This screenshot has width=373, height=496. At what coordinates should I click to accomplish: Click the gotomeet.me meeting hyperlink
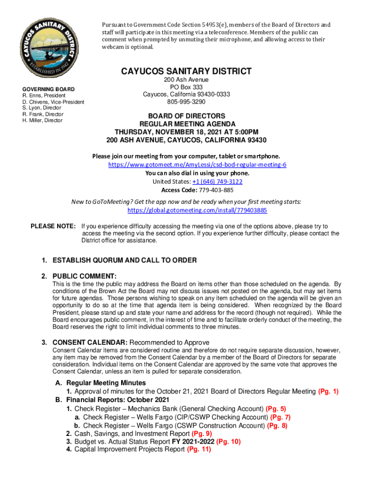(197, 165)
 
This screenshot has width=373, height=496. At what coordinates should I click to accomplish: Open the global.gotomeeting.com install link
(197, 210)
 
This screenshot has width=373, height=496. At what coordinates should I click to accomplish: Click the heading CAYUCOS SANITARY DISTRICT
(186, 72)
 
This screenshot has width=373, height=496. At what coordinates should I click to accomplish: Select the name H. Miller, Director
(43, 121)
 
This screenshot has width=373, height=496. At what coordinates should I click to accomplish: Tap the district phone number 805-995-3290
(186, 102)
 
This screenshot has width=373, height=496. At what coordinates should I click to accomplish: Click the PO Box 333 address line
(186, 87)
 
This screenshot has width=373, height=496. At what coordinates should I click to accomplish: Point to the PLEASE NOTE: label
(53, 226)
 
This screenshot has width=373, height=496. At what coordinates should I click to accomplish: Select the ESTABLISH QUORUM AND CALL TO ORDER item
(124, 260)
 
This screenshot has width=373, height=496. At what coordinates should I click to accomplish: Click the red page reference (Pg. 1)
(328, 391)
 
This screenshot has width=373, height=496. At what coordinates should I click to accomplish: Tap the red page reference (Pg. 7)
(280, 417)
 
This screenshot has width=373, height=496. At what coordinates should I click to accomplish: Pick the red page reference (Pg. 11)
(199, 449)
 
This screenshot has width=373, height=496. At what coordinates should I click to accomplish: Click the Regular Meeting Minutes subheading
(106, 383)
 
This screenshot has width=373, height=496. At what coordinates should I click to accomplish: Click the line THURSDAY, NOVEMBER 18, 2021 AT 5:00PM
(186, 132)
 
